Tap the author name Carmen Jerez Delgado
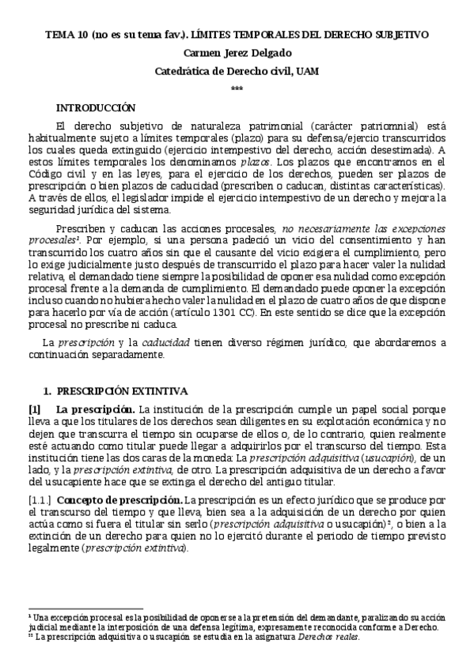[237, 54]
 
